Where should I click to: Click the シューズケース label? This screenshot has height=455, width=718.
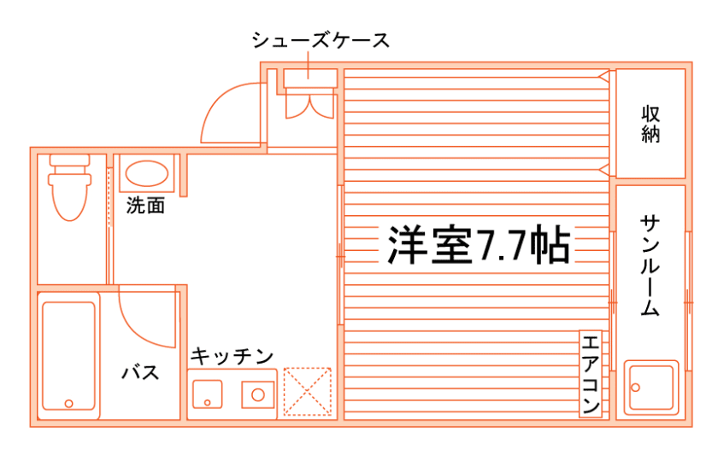tap(321, 40)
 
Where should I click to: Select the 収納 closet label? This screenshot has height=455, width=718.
tap(651, 124)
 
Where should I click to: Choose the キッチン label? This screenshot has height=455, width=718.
tap(231, 355)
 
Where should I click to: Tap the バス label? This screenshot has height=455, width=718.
tap(139, 372)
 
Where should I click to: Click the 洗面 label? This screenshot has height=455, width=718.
tap(145, 206)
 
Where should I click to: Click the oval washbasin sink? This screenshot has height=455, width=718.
tap(146, 175)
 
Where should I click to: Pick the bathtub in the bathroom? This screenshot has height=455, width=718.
tap(69, 356)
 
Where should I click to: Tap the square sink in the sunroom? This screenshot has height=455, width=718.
tap(651, 388)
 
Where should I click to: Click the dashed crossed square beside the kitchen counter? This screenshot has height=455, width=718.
tap(307, 392)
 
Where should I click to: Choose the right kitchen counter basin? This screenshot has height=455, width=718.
tap(257, 394)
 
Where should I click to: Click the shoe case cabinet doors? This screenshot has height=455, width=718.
tap(308, 102)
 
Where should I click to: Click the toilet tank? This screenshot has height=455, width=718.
tap(70, 160)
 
